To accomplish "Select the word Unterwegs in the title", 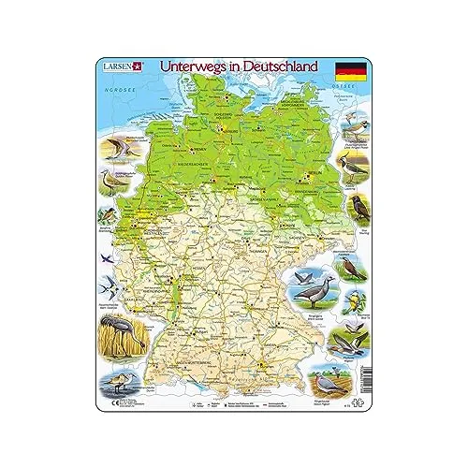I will click(x=194, y=68).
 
